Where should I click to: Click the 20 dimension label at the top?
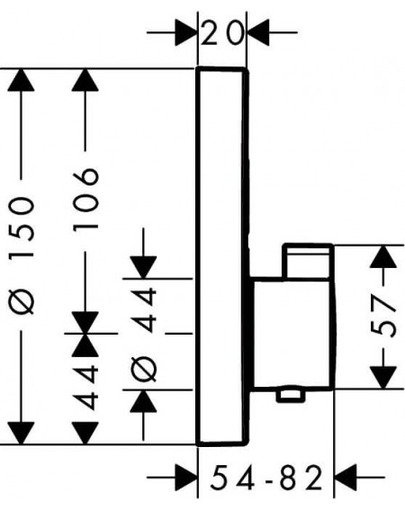[222, 32]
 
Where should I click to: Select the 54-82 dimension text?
[266, 478]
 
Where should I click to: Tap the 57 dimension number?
[383, 316]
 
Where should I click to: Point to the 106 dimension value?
[85, 199]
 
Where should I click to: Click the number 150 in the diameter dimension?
[22, 227]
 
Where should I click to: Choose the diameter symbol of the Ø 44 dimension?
[143, 368]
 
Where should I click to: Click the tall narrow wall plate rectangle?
[222, 256]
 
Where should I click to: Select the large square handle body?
[292, 333]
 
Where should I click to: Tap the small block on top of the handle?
[308, 260]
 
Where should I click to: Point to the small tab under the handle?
[291, 394]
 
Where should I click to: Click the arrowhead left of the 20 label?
[186, 32]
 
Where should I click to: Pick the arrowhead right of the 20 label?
[258, 32]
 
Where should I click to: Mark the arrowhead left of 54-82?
[186, 478]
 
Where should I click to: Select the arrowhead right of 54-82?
[346, 478]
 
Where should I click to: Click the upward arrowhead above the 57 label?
[383, 256]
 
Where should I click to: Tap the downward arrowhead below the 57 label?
[383, 377]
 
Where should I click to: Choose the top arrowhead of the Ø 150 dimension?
[21, 80]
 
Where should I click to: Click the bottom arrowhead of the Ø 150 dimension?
[21, 434]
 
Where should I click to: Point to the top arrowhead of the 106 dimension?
[85, 80]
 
